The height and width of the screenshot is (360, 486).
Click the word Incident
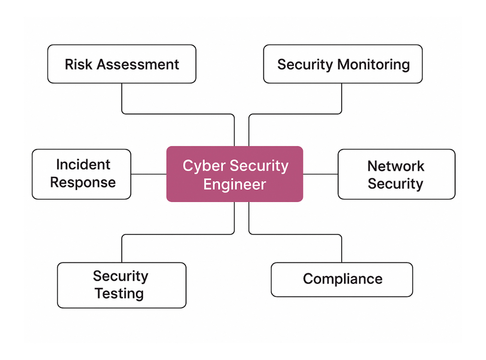[83, 164]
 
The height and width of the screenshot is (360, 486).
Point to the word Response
[83, 182]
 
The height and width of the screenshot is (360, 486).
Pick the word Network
[396, 166]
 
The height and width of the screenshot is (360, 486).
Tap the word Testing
[119, 293]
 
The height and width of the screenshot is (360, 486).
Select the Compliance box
[342, 279]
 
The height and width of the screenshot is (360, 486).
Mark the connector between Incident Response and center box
[148, 174]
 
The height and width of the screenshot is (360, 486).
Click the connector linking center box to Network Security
[320, 174]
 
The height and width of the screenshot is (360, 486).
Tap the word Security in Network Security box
[396, 184]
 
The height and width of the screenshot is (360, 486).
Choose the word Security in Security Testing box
[120, 275]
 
